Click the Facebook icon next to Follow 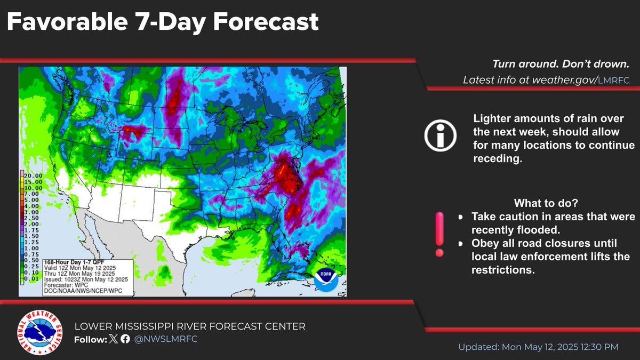point(125,339)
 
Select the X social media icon point(113,339)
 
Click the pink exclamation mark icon point(439,233)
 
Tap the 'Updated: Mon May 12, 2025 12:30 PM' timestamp point(538,347)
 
